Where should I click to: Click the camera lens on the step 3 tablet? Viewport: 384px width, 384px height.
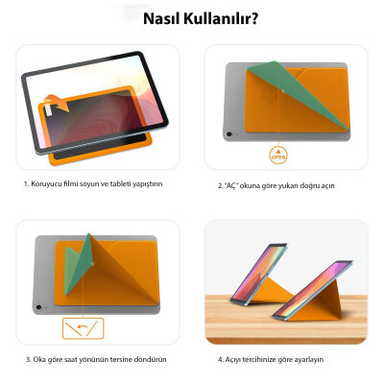click(37, 308)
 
